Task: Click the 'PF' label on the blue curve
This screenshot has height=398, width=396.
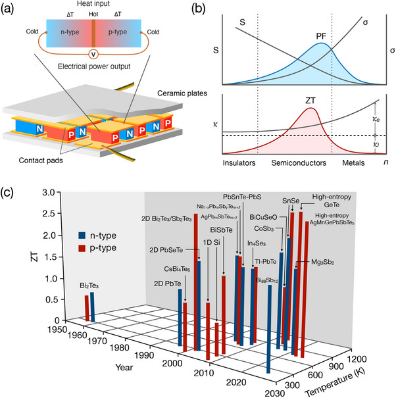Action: click(x=321, y=37)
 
